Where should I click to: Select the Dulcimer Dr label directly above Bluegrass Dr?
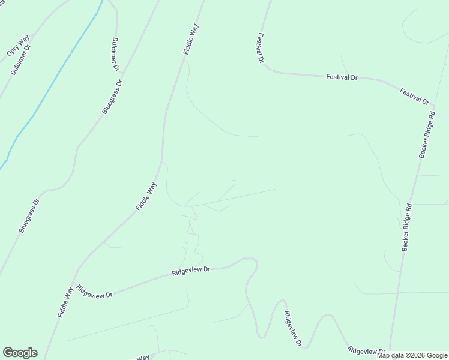tap(114, 55)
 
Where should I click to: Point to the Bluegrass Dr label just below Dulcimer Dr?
tap(112, 96)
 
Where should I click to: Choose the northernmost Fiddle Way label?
tap(191, 40)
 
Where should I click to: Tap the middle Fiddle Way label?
tap(146, 196)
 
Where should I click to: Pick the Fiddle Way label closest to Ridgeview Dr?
tap(65, 302)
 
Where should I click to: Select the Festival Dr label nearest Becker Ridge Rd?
tap(415, 97)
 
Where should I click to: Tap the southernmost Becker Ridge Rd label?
tap(408, 227)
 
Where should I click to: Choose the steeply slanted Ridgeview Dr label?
tap(292, 329)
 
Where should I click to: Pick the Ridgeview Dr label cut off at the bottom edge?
tap(366, 350)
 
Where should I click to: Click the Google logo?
tap(20, 353)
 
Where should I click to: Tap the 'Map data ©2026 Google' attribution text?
tap(412, 355)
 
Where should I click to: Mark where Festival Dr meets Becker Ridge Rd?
tap(432, 108)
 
